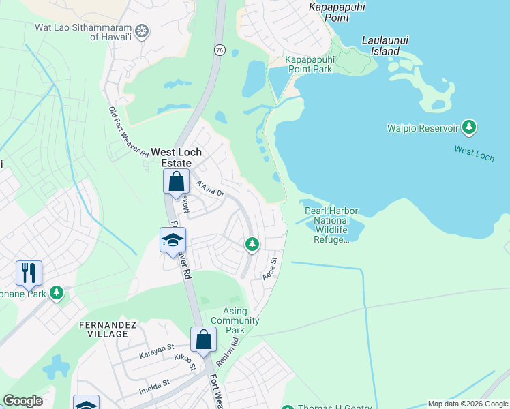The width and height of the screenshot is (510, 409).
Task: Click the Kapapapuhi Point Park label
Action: tap(309, 64)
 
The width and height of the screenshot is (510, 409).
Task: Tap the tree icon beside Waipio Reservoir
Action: tap(468, 127)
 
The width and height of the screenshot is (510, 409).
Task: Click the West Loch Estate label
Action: tap(176, 157)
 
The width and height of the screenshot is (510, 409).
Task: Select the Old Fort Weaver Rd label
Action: tap(128, 132)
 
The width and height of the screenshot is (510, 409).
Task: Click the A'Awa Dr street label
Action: tap(210, 188)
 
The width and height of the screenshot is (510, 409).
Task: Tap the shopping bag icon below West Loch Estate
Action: tap(176, 182)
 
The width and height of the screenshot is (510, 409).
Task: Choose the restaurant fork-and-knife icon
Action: tap(29, 273)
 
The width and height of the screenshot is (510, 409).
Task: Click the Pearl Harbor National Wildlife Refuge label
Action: tap(331, 225)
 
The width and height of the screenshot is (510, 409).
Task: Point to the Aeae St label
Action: tap(270, 267)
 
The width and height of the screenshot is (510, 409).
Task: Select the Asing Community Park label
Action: tap(235, 320)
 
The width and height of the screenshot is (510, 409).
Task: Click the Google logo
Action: tap(23, 401)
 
